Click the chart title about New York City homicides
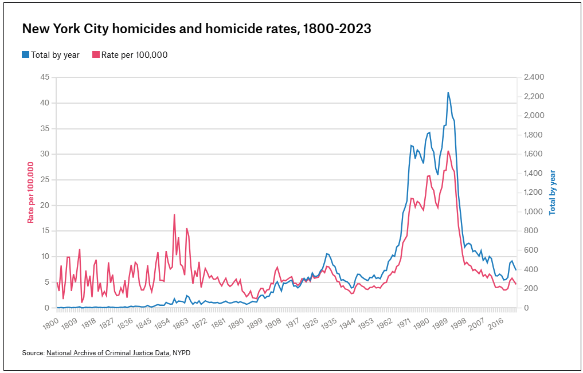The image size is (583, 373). (197, 29)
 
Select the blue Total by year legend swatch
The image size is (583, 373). (25, 55)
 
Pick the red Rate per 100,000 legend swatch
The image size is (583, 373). (96, 55)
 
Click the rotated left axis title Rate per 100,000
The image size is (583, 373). (31, 192)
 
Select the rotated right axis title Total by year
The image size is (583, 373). (553, 192)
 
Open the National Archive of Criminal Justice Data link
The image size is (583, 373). (108, 353)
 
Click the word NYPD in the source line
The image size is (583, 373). (181, 353)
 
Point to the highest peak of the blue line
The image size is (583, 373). (448, 93)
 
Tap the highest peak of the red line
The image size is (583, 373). (448, 151)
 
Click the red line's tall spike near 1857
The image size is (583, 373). (174, 215)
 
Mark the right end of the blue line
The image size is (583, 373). (516, 270)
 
